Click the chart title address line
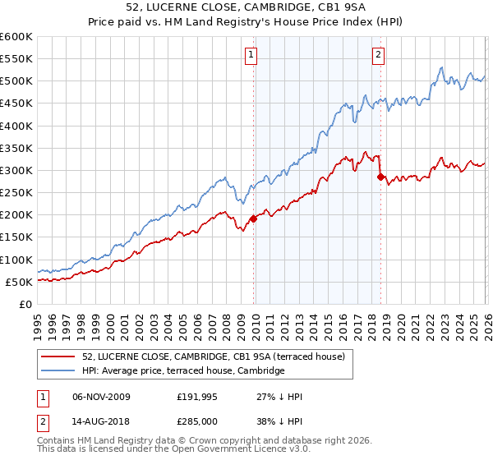(246, 8)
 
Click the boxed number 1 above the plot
(251, 56)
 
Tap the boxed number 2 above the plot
(378, 56)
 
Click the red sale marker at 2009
(253, 218)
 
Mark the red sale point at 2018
(380, 177)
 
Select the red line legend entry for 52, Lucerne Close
(218, 356)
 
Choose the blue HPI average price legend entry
(182, 371)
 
